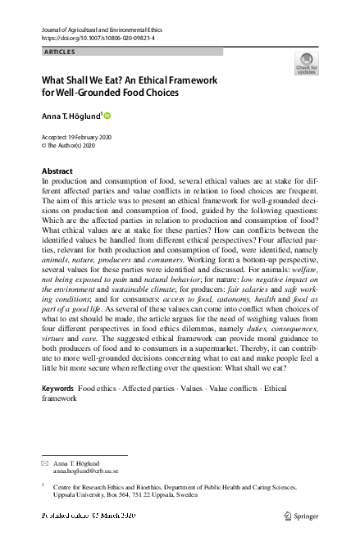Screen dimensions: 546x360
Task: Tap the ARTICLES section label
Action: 58,52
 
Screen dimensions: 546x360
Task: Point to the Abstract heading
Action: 57,171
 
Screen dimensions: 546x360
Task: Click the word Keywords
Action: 57,387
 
